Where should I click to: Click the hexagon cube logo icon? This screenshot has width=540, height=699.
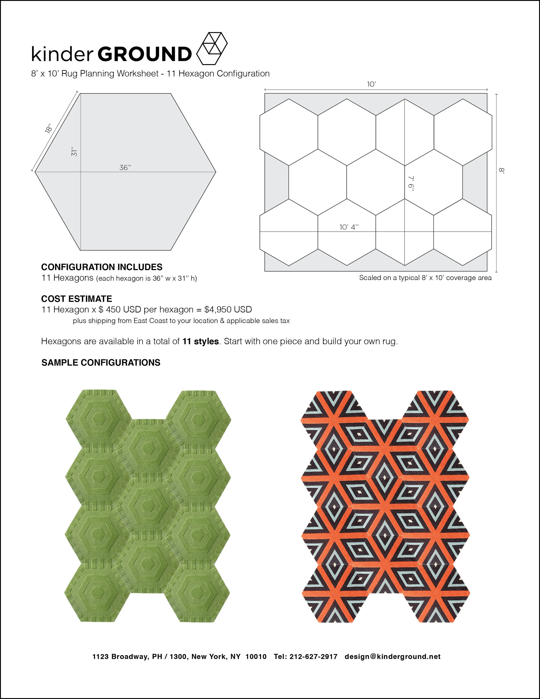pyautogui.click(x=211, y=48)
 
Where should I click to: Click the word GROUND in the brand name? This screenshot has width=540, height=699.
pyautogui.click(x=144, y=54)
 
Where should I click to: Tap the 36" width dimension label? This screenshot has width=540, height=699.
pyautogui.click(x=125, y=167)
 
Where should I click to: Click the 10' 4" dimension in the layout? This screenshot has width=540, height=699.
pyautogui.click(x=349, y=227)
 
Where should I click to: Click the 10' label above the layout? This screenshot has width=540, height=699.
pyautogui.click(x=371, y=84)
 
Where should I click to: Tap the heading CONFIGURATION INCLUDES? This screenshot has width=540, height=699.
pyautogui.click(x=102, y=267)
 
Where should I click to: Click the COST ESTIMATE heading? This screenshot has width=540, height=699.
pyautogui.click(x=76, y=299)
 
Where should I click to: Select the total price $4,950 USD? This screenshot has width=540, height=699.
pyautogui.click(x=228, y=309)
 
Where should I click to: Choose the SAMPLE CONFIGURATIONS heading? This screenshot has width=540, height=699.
pyautogui.click(x=101, y=363)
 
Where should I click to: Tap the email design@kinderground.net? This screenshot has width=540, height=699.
pyautogui.click(x=392, y=656)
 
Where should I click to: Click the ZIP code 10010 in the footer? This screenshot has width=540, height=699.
pyautogui.click(x=256, y=656)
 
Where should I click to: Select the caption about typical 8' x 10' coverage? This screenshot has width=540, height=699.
pyautogui.click(x=425, y=278)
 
